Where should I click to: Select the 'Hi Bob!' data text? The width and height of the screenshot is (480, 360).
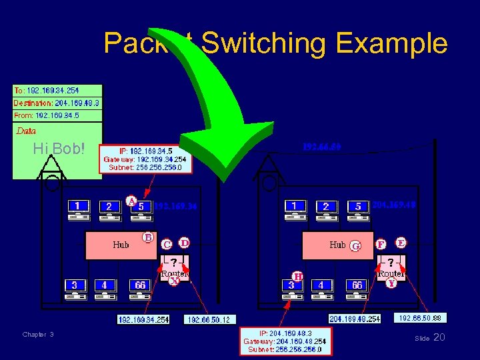click(x=59, y=149)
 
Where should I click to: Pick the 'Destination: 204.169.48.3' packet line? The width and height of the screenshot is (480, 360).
click(x=57, y=103)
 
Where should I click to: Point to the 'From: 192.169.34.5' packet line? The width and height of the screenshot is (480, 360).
click(x=47, y=115)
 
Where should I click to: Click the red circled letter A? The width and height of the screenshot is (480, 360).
click(x=132, y=199)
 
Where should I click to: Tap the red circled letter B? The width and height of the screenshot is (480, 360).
click(x=148, y=237)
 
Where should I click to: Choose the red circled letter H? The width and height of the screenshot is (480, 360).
click(x=299, y=275)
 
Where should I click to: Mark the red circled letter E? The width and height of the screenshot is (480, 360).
click(x=401, y=242)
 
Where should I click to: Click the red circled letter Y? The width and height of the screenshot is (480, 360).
click(x=391, y=283)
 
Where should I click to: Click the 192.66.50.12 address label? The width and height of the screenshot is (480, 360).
click(x=209, y=320)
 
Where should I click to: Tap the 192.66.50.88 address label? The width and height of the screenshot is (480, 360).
click(x=418, y=318)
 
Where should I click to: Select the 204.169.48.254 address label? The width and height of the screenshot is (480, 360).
click(x=354, y=319)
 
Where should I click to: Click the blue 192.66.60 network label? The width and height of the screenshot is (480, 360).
click(x=321, y=145)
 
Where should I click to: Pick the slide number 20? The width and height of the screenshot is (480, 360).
click(x=439, y=338)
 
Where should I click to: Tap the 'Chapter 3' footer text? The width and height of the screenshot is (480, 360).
click(x=38, y=334)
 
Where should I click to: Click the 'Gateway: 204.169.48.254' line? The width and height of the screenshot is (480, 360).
click(x=285, y=340)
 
